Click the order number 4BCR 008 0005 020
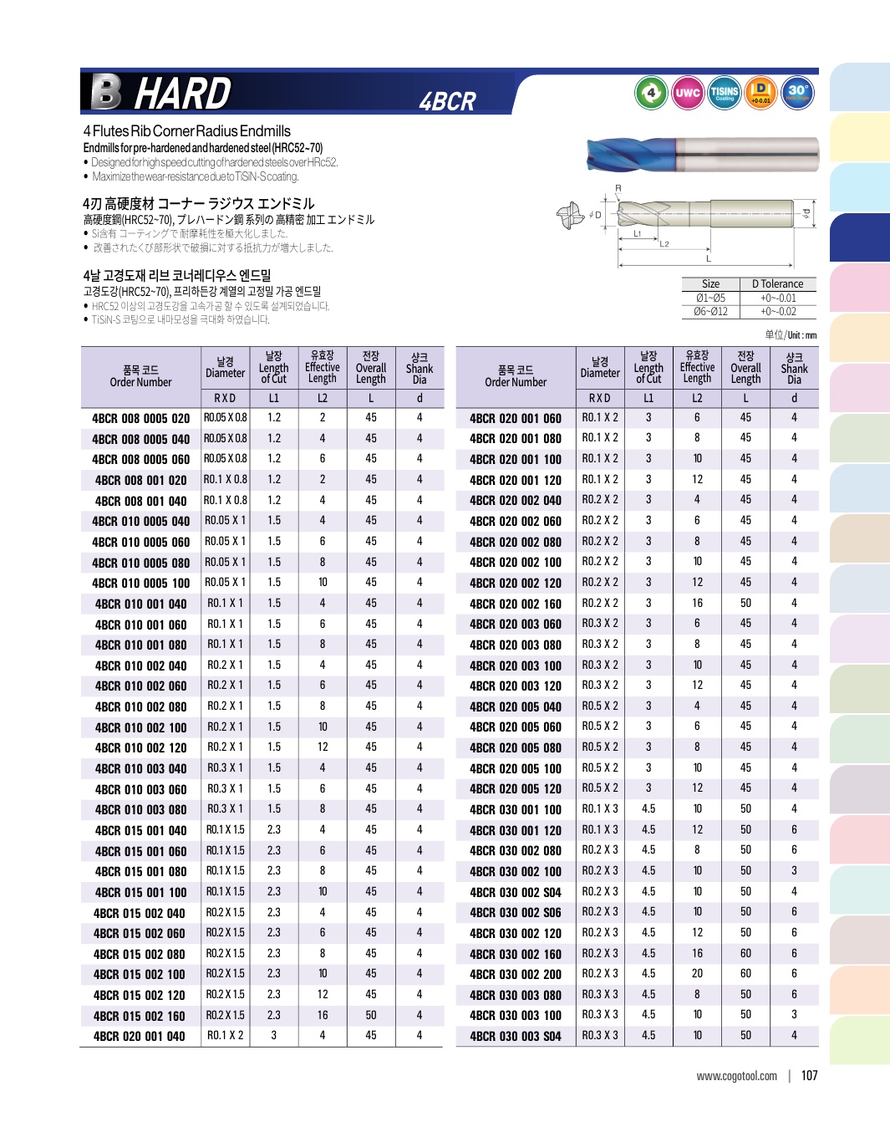coord(140,418)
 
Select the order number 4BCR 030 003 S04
coord(515,1037)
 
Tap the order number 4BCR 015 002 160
coord(140,1016)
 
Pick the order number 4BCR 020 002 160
coord(515,604)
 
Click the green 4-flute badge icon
coord(650,93)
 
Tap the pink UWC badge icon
coord(687,93)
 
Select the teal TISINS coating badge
coord(724,93)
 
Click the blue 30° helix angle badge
coord(797,93)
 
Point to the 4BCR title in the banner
coord(447,102)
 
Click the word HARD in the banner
coord(182,93)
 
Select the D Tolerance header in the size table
coord(777,284)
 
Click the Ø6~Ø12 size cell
coord(710,312)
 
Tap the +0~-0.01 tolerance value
coord(777,298)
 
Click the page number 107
coord(809,1076)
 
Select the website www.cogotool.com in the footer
coord(736,1076)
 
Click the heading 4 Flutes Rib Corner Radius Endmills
coord(187,131)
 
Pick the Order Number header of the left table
coord(140,376)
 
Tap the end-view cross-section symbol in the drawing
coord(570,215)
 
